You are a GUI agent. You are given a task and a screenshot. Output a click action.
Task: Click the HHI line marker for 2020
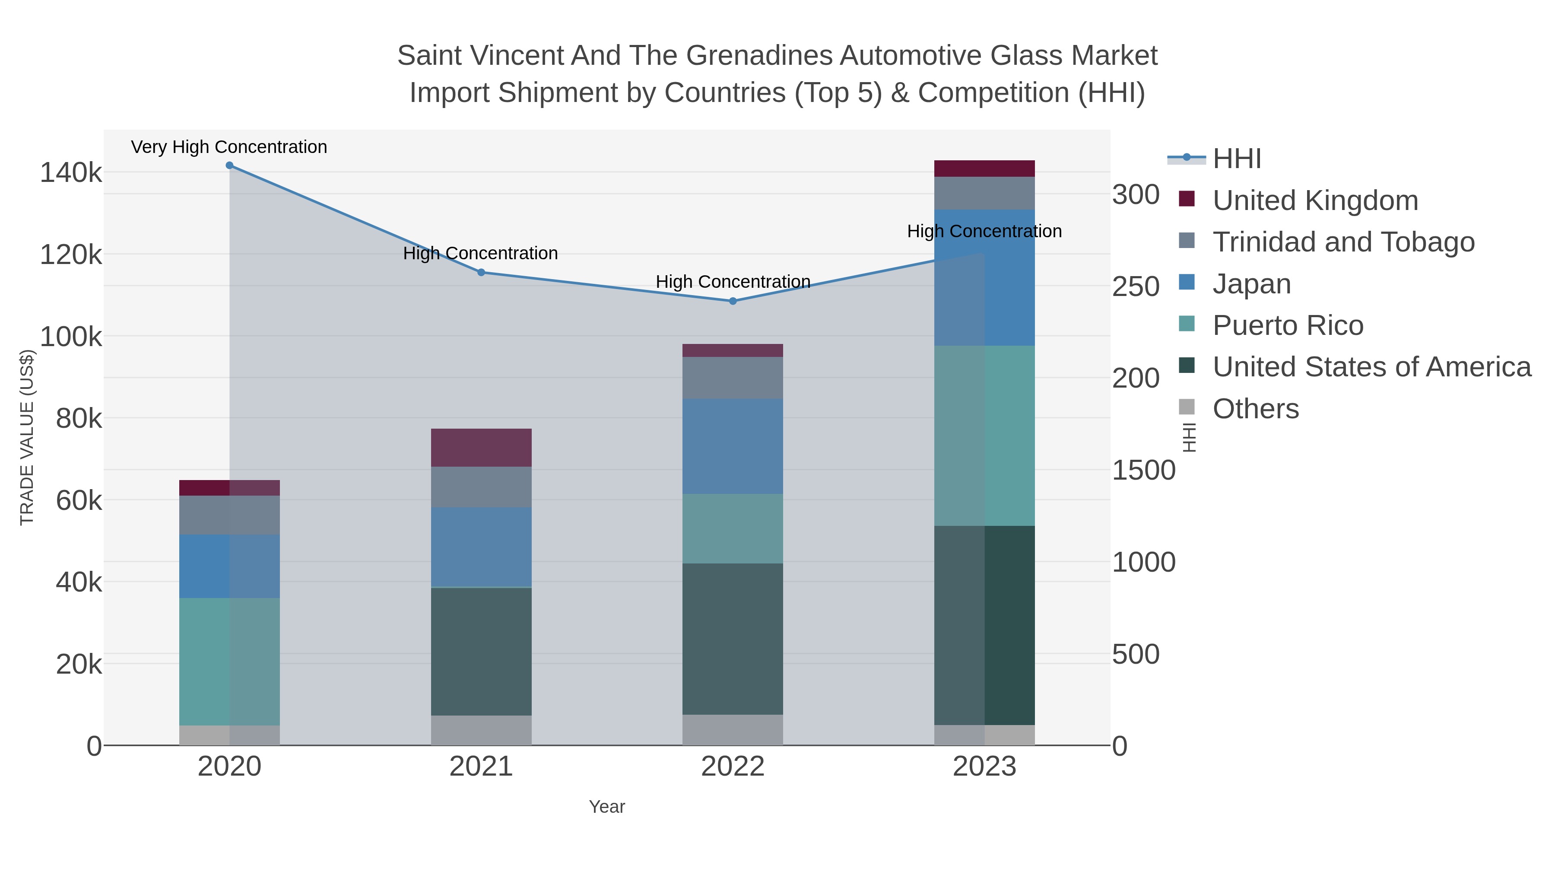(x=229, y=165)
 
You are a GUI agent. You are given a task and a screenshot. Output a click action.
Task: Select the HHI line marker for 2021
(x=481, y=272)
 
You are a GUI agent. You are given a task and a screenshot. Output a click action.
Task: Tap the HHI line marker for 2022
(x=733, y=301)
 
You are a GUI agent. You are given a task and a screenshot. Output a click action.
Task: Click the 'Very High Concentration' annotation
(x=229, y=147)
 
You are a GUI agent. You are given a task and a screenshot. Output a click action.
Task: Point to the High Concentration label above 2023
(x=984, y=231)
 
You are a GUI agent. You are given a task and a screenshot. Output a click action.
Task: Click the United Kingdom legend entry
(x=1315, y=200)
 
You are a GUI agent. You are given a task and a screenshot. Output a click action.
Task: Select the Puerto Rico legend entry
(x=1288, y=325)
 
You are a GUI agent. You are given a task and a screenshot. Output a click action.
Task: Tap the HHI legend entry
(x=1236, y=159)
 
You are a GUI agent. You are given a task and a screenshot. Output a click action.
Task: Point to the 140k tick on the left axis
(x=71, y=173)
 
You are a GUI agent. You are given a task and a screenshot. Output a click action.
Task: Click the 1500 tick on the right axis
(x=1143, y=471)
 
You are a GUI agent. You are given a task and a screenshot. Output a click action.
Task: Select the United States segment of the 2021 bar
(x=481, y=651)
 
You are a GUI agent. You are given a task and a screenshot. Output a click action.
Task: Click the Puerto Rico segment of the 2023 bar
(x=984, y=436)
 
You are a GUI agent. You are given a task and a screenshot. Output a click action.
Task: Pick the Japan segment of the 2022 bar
(x=733, y=446)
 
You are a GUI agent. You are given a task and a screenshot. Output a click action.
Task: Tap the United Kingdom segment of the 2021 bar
(x=481, y=448)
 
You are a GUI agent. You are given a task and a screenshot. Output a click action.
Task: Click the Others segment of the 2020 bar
(x=229, y=735)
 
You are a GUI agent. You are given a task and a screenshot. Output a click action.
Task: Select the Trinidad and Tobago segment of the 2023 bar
(x=984, y=193)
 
